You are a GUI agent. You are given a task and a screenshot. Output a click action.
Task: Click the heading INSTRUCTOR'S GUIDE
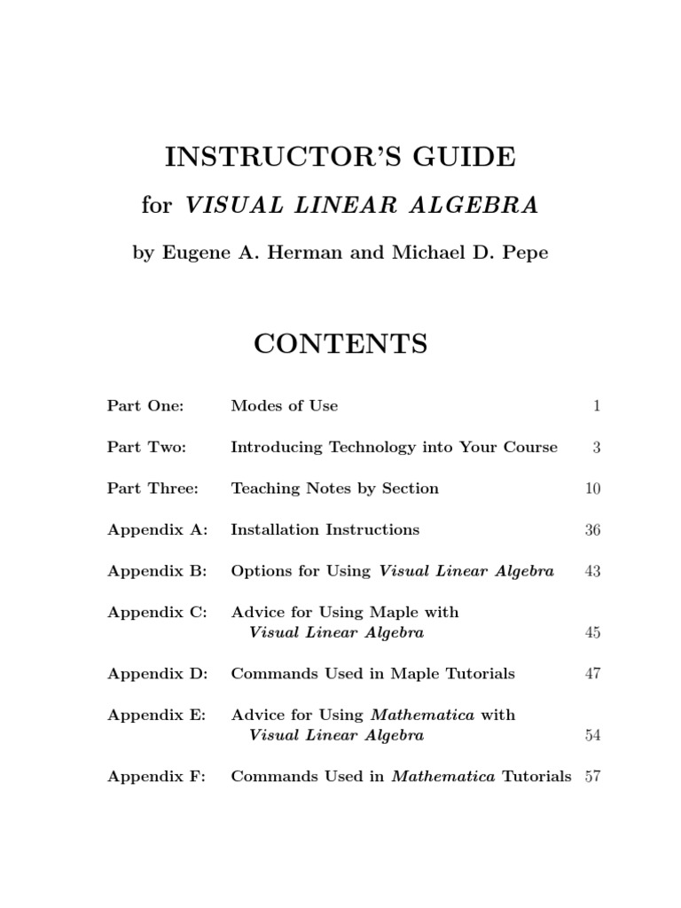[340, 157]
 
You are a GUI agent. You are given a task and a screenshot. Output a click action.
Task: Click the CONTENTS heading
[340, 343]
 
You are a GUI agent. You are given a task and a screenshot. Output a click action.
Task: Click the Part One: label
[145, 406]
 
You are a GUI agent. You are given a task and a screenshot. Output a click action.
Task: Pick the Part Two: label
[147, 447]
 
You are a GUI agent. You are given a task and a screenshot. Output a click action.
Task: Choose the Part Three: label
[153, 489]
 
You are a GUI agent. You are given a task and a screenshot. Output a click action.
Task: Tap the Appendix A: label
[158, 530]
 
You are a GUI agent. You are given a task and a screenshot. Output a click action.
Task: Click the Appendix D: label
[158, 674]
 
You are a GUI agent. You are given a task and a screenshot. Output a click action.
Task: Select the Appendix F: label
[157, 777]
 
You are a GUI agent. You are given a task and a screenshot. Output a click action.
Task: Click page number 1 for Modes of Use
[597, 406]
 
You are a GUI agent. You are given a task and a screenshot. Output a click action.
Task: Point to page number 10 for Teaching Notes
[592, 489]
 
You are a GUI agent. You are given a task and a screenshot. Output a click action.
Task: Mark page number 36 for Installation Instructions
[592, 530]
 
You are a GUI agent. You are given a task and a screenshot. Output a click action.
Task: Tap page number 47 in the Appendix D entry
[592, 674]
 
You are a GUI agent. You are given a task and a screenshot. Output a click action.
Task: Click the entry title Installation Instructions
[325, 530]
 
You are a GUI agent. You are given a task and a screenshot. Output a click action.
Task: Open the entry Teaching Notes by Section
[334, 489]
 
